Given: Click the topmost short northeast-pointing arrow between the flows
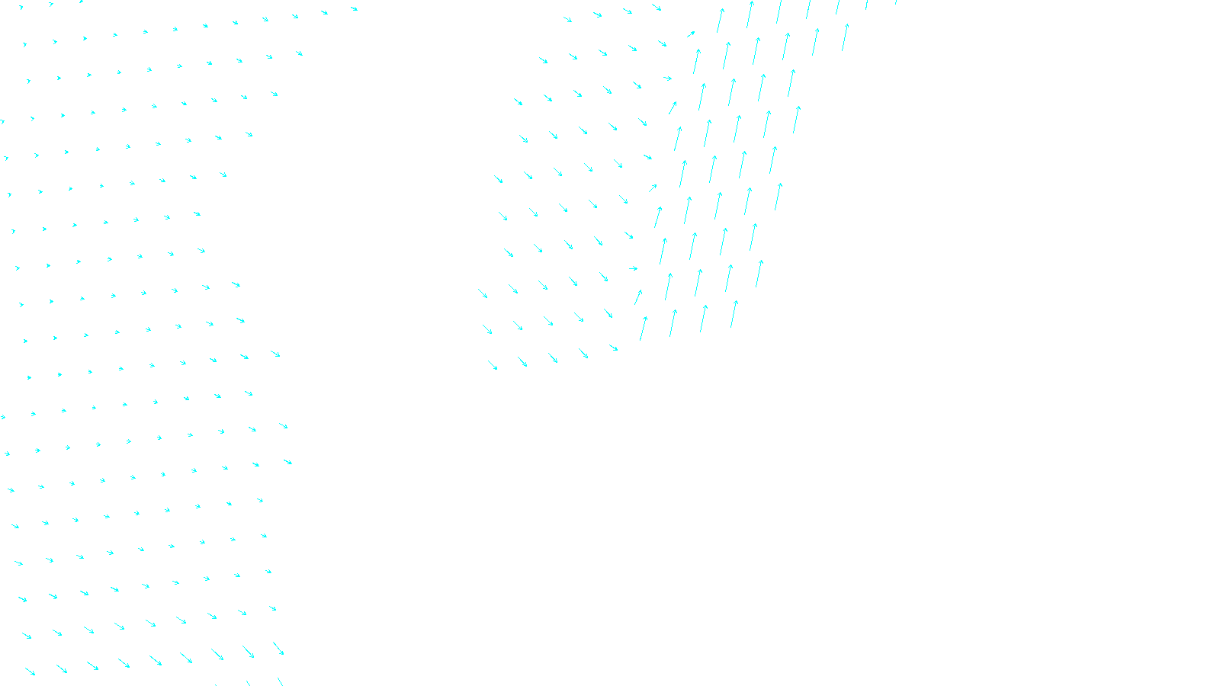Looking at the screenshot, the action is pyautogui.click(x=691, y=34).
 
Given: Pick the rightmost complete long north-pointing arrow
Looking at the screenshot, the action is pyautogui.click(x=845, y=37).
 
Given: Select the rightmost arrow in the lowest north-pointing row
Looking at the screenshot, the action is pyautogui.click(x=734, y=313).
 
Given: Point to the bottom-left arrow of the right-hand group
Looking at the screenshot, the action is pyautogui.click(x=493, y=365).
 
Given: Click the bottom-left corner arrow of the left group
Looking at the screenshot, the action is pyautogui.click(x=30, y=672).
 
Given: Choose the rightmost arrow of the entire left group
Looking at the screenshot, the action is pyautogui.click(x=288, y=462).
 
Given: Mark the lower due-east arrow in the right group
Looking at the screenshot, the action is pyautogui.click(x=633, y=268).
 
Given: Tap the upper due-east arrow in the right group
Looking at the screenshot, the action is pyautogui.click(x=667, y=78).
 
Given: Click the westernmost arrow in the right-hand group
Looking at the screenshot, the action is pyautogui.click(x=483, y=293).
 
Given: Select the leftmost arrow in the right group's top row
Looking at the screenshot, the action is pyautogui.click(x=567, y=19).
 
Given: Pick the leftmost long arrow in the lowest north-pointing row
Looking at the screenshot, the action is pyautogui.click(x=644, y=328).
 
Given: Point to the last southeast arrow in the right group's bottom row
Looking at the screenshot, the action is pyautogui.click(x=613, y=348).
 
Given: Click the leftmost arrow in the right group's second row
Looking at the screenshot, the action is pyautogui.click(x=544, y=60).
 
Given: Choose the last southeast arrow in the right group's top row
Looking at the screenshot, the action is pyautogui.click(x=657, y=8).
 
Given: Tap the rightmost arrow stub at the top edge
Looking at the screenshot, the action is pyautogui.click(x=897, y=2).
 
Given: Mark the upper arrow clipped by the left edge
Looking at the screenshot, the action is pyautogui.click(x=2, y=121).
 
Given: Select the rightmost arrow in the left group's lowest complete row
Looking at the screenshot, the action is pyautogui.click(x=278, y=649).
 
